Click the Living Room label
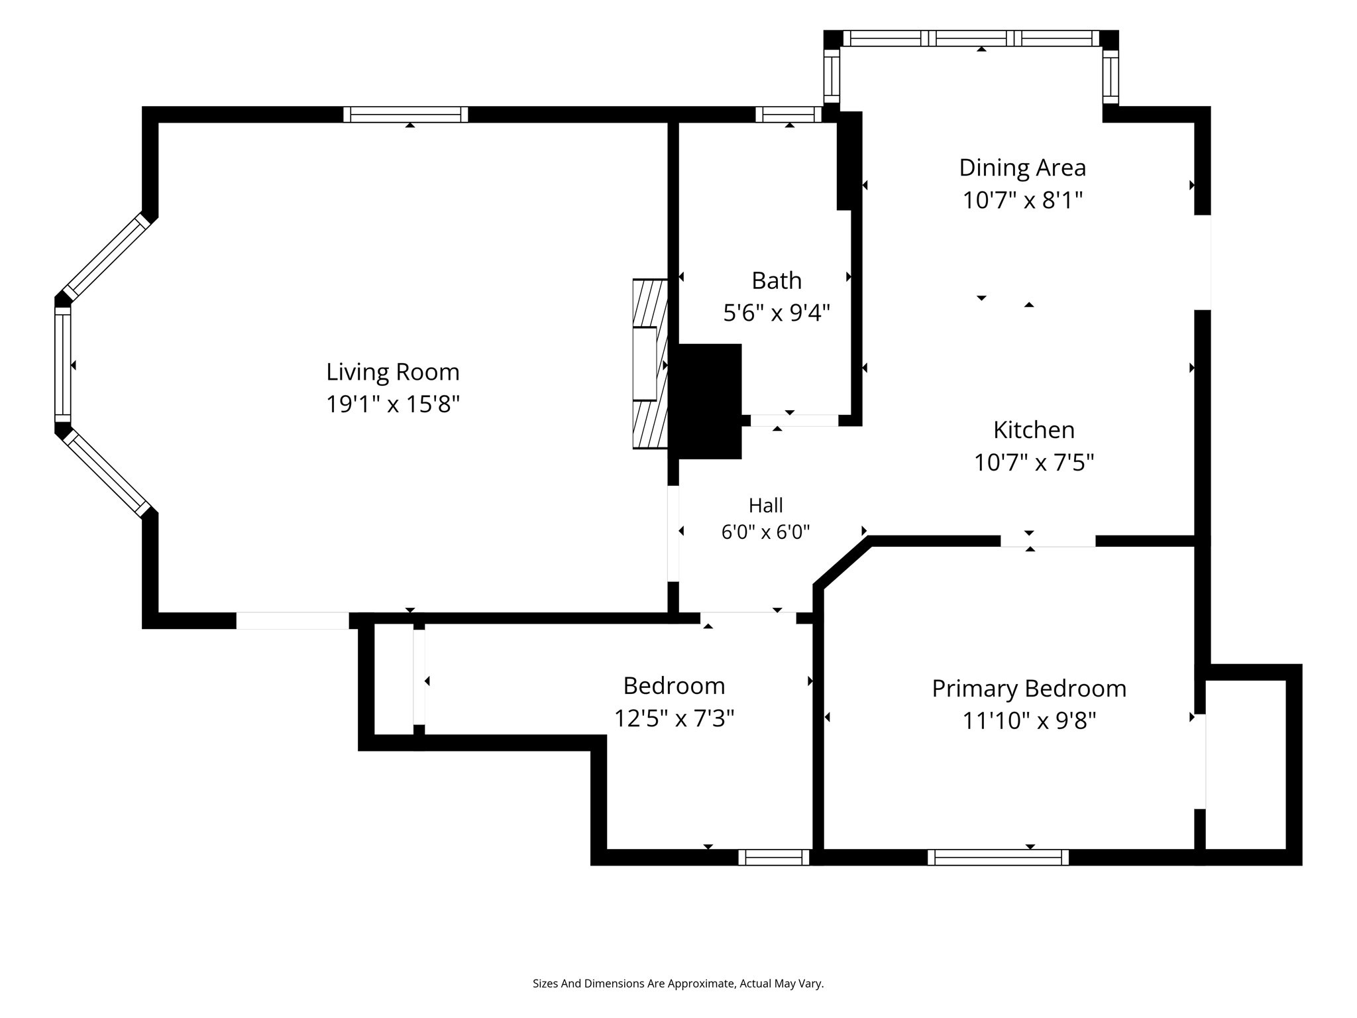(x=393, y=372)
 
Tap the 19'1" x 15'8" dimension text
(x=393, y=404)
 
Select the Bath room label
(x=777, y=281)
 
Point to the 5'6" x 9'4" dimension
(x=777, y=313)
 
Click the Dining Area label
(x=1022, y=168)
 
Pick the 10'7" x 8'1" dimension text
(x=1022, y=199)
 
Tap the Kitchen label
(x=1034, y=430)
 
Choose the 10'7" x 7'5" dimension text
(x=1034, y=462)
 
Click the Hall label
(x=766, y=506)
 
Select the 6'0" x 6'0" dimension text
(x=766, y=532)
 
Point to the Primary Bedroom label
(x=1029, y=689)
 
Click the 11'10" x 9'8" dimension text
(x=1029, y=720)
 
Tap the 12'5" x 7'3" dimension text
(x=674, y=718)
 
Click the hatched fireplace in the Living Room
(x=650, y=364)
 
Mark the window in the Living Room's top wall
(x=406, y=115)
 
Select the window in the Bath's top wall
(x=788, y=115)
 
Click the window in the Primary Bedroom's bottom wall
(x=998, y=858)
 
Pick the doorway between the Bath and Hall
(x=794, y=420)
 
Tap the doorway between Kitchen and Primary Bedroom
(x=1048, y=541)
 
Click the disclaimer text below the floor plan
(x=678, y=984)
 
